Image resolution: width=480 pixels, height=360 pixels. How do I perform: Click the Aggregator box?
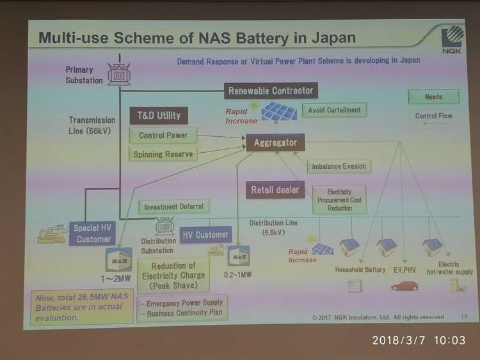click(275, 142)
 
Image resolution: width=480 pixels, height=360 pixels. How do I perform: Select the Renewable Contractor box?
click(271, 91)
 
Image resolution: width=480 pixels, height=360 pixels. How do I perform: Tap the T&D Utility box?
click(159, 116)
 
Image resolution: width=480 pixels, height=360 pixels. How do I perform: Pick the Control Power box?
click(163, 136)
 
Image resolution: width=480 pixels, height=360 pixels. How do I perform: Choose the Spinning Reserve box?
click(163, 154)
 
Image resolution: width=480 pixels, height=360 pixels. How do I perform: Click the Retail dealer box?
click(275, 190)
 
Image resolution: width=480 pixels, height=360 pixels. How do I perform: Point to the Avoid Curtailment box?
click(334, 110)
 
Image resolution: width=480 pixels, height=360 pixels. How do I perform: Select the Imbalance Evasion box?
click(339, 166)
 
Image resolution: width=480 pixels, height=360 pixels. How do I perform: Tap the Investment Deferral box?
click(173, 207)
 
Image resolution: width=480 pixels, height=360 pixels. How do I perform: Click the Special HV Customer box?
click(93, 233)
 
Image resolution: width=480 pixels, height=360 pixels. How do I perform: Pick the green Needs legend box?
click(433, 97)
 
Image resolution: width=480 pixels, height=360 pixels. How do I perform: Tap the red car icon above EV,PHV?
click(404, 285)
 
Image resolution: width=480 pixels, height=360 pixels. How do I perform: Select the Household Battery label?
click(360, 270)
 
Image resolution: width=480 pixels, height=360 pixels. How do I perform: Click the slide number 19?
click(464, 316)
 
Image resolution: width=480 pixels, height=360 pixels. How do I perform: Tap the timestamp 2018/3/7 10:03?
click(419, 341)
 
